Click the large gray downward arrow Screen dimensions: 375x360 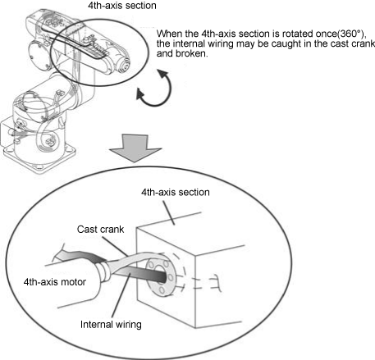(135, 148)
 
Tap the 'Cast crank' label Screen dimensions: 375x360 (100, 229)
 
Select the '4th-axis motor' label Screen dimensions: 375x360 (55, 282)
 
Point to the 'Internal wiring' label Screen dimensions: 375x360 (111, 325)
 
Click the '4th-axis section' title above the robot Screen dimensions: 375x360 (122, 6)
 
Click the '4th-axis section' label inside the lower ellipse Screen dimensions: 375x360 (176, 192)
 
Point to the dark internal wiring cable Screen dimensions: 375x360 (142, 274)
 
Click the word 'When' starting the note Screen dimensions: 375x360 (167, 34)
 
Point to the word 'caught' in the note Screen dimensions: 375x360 (286, 43)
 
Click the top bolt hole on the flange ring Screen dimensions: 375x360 (167, 263)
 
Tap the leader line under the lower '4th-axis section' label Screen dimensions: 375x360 (169, 213)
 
